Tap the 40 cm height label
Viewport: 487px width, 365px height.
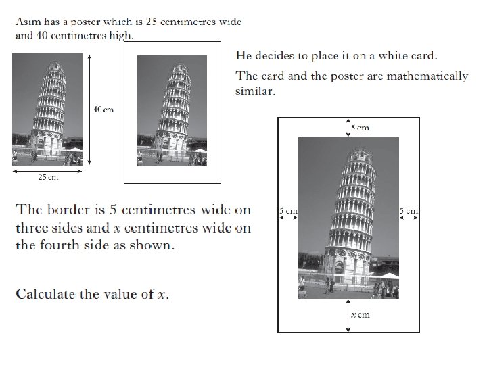click(x=103, y=109)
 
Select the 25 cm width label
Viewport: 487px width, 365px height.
click(x=47, y=177)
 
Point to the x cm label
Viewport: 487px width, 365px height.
click(x=360, y=315)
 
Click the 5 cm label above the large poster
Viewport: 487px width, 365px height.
click(x=361, y=127)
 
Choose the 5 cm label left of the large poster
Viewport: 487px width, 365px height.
click(x=288, y=211)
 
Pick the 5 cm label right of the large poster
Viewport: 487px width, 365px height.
click(x=409, y=211)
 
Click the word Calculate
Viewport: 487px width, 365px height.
click(x=49, y=294)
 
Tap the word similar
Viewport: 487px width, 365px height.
click(x=255, y=91)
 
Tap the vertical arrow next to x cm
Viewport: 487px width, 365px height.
click(x=348, y=316)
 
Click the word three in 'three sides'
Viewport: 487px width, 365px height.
click(x=33, y=228)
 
